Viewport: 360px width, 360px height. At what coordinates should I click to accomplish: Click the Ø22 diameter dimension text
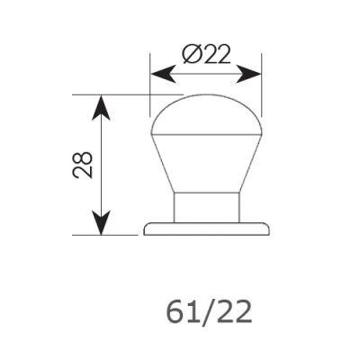pyautogui.click(x=206, y=54)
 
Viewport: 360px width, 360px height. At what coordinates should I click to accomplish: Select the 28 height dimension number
pyautogui.click(x=83, y=165)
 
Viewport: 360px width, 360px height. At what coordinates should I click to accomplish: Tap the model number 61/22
pyautogui.click(x=209, y=312)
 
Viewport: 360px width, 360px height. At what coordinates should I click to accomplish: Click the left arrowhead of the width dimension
pyautogui.click(x=163, y=74)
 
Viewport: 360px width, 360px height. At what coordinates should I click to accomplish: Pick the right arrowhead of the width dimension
pyautogui.click(x=249, y=74)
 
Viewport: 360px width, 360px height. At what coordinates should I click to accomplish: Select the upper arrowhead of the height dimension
pyautogui.click(x=101, y=107)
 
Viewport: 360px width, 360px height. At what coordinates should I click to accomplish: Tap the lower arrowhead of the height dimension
pyautogui.click(x=101, y=222)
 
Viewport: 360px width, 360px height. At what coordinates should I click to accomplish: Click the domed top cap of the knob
pyautogui.click(x=206, y=114)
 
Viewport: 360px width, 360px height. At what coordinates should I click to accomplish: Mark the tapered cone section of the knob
pyautogui.click(x=206, y=164)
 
